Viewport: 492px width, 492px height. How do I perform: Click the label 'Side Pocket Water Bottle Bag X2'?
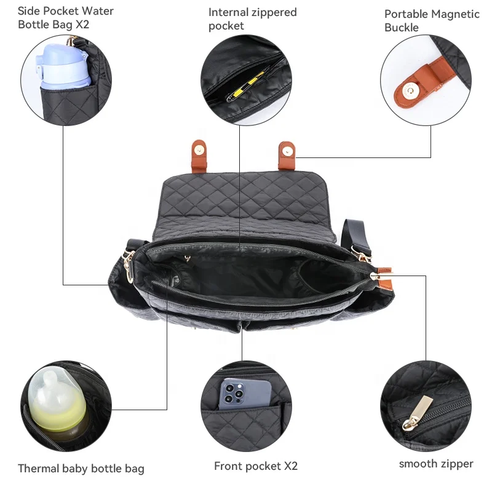pyautogui.click(x=66, y=18)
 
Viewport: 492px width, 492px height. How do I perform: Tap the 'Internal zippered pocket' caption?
pyautogui.click(x=252, y=18)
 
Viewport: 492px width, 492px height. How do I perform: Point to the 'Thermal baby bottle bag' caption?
pyautogui.click(x=81, y=469)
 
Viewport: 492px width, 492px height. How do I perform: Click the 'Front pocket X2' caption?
pyautogui.click(x=256, y=466)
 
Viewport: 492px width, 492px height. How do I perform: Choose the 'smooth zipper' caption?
pyautogui.click(x=436, y=464)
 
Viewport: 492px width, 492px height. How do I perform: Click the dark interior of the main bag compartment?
pyautogui.click(x=258, y=277)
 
